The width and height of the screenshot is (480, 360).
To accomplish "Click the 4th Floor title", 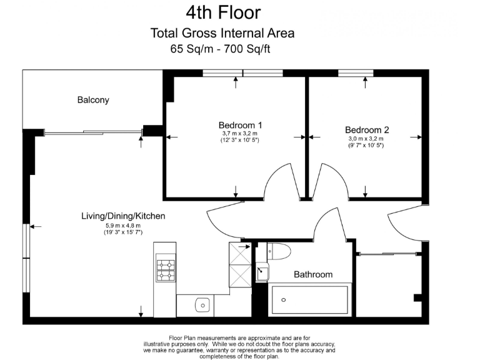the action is tap(223, 12).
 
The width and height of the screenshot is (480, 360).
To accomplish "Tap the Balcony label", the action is tap(93, 100).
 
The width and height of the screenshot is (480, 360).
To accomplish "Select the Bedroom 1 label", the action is tap(240, 125).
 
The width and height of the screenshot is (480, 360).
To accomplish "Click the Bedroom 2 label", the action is tap(367, 130).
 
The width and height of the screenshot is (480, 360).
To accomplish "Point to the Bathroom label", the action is tap(313, 274).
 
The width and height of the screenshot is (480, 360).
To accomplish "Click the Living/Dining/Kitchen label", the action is tap(123, 216).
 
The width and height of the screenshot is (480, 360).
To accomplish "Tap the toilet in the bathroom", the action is tap(279, 251).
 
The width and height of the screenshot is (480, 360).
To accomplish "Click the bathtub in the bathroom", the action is tap(310, 300).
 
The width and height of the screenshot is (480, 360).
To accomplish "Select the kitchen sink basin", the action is tap(202, 305).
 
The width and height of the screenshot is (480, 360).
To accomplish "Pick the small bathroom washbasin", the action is tap(262, 272).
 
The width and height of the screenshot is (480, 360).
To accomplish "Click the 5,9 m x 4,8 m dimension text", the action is tap(123, 226).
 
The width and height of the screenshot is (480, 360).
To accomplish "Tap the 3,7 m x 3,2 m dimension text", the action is tap(240, 134).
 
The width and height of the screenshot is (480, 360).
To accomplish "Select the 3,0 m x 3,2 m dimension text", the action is tap(366, 138).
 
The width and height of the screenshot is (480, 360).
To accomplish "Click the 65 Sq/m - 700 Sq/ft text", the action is tap(220, 49).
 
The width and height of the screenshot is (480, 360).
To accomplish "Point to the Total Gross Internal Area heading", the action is tap(222, 33).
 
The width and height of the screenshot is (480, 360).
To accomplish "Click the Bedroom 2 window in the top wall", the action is tap(356, 73).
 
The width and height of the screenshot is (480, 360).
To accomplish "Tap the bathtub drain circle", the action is tap(284, 300).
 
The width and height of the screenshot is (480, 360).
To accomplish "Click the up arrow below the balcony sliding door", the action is tap(141, 142).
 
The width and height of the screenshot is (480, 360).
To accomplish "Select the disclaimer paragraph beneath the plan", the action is tap(239, 347).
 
